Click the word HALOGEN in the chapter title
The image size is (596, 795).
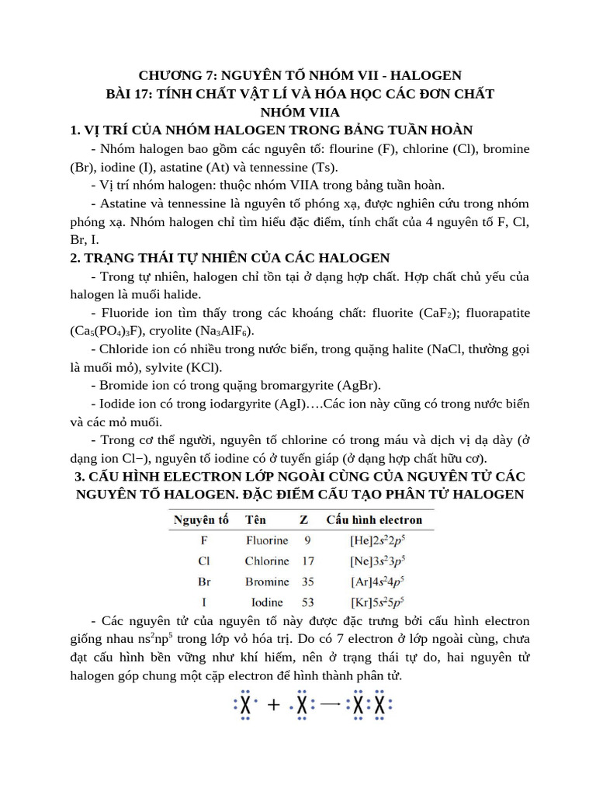click(x=426, y=75)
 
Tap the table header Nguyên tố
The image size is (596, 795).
click(x=201, y=519)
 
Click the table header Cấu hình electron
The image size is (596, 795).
click(x=374, y=519)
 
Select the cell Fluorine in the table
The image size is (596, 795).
click(x=267, y=540)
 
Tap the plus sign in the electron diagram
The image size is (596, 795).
click(x=273, y=706)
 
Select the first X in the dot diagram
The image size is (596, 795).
click(x=245, y=706)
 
